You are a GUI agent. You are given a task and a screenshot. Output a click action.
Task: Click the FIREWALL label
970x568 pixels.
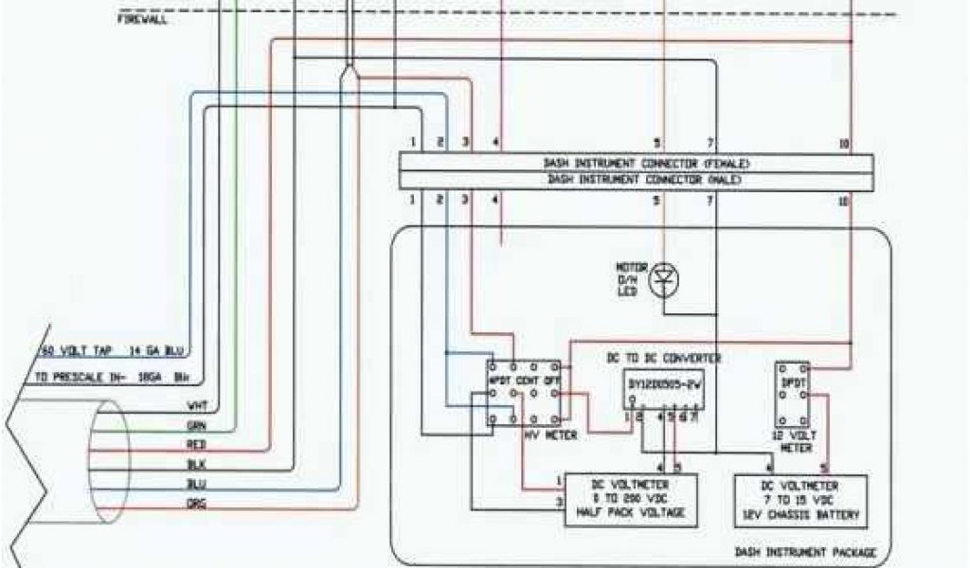pyautogui.click(x=144, y=20)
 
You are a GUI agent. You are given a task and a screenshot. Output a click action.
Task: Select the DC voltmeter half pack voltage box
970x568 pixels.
pyautogui.click(x=636, y=500)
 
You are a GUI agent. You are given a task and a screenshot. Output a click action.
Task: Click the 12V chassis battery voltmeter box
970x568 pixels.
pyautogui.click(x=800, y=500)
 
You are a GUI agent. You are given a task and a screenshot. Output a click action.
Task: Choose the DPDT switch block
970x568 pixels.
pyautogui.click(x=792, y=396)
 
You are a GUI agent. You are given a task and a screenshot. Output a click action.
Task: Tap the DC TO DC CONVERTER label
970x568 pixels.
pyautogui.click(x=663, y=359)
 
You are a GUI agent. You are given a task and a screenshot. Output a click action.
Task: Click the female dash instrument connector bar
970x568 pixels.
pyautogui.click(x=636, y=163)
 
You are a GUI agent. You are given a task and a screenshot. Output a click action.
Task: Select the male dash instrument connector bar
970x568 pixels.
pyautogui.click(x=636, y=179)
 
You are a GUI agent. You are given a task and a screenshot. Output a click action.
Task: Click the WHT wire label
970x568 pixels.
pyautogui.click(x=198, y=406)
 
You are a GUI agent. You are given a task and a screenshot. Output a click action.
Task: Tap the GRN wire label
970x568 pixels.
pyautogui.click(x=198, y=425)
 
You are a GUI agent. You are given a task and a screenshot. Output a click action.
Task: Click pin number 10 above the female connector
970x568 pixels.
pyautogui.click(x=843, y=143)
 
